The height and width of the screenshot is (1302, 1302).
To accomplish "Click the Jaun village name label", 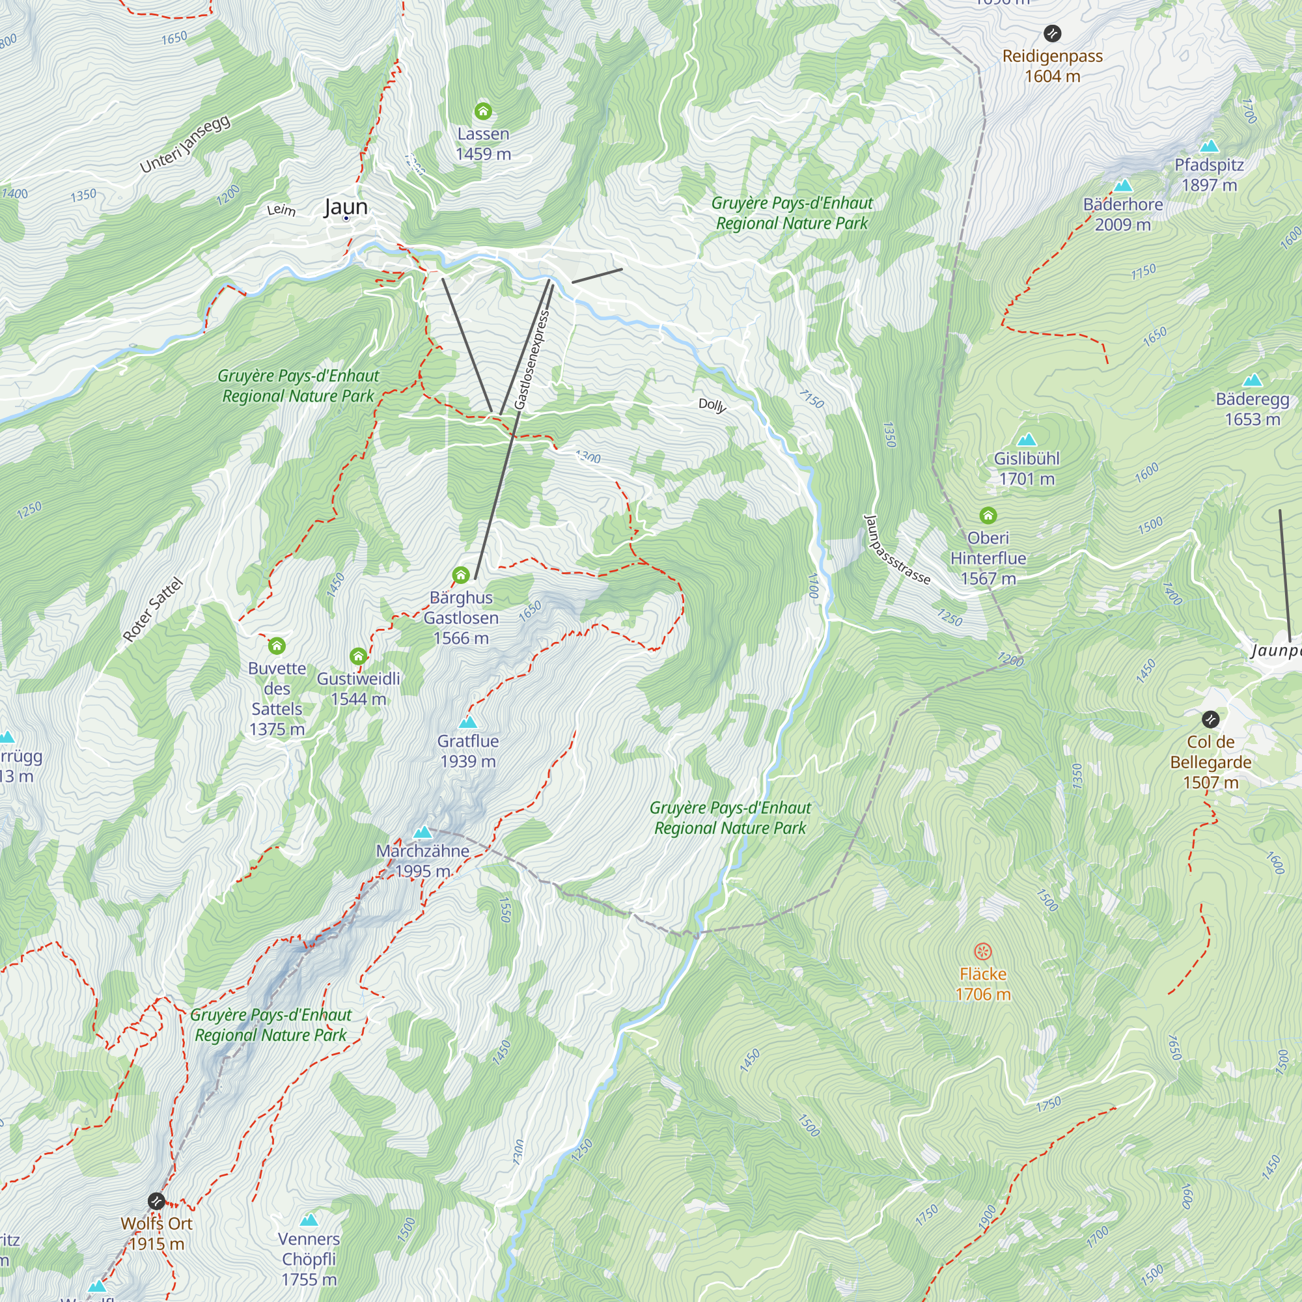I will (346, 206).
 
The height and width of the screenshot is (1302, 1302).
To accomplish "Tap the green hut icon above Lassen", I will (482, 111).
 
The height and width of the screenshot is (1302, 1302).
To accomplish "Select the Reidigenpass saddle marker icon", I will (1052, 33).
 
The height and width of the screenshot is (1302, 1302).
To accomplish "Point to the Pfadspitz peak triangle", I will (1209, 146).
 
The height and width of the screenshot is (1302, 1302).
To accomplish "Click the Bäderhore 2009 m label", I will (1123, 214).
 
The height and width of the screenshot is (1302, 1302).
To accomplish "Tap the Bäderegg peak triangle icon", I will (1252, 380).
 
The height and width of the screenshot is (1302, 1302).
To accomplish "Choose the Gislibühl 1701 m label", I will (1027, 468).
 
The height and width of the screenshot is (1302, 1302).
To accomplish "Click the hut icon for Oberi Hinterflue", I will (988, 516).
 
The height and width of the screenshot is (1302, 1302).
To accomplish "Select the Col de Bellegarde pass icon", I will (1210, 719).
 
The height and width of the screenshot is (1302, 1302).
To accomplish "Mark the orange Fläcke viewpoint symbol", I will (982, 952).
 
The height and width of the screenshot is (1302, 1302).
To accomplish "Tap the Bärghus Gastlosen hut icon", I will (460, 575).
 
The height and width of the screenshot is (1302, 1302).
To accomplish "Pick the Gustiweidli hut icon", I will (358, 656).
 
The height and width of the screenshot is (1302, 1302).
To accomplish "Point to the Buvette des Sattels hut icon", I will (276, 646).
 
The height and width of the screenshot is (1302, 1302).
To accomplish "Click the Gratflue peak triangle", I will (467, 723).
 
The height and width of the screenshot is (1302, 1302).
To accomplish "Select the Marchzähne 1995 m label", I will (422, 861).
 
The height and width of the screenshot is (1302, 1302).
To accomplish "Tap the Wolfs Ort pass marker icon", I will (156, 1201).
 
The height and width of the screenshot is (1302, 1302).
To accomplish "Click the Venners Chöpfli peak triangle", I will (309, 1220).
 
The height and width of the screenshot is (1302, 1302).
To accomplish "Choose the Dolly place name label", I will (712, 404).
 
